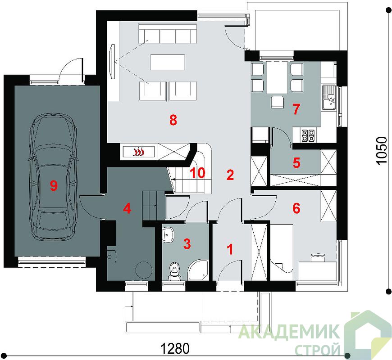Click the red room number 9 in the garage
pyautogui.click(x=54, y=185)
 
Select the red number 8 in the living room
pyautogui.click(x=173, y=120)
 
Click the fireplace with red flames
pyautogui.click(x=139, y=151)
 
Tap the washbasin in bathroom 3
pyautogui.click(x=168, y=235)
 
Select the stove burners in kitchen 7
pyautogui.click(x=308, y=135)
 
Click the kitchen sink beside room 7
pyautogui.click(x=328, y=98)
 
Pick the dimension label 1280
pyautogui.click(x=175, y=348)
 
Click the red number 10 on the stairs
pyautogui.click(x=197, y=173)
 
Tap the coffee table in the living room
pyautogui.click(x=168, y=63)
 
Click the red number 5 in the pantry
pyautogui.click(x=296, y=162)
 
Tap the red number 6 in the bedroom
pyautogui.click(x=296, y=208)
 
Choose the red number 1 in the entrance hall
pyautogui.click(x=230, y=249)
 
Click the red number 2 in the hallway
pyautogui.click(x=230, y=175)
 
